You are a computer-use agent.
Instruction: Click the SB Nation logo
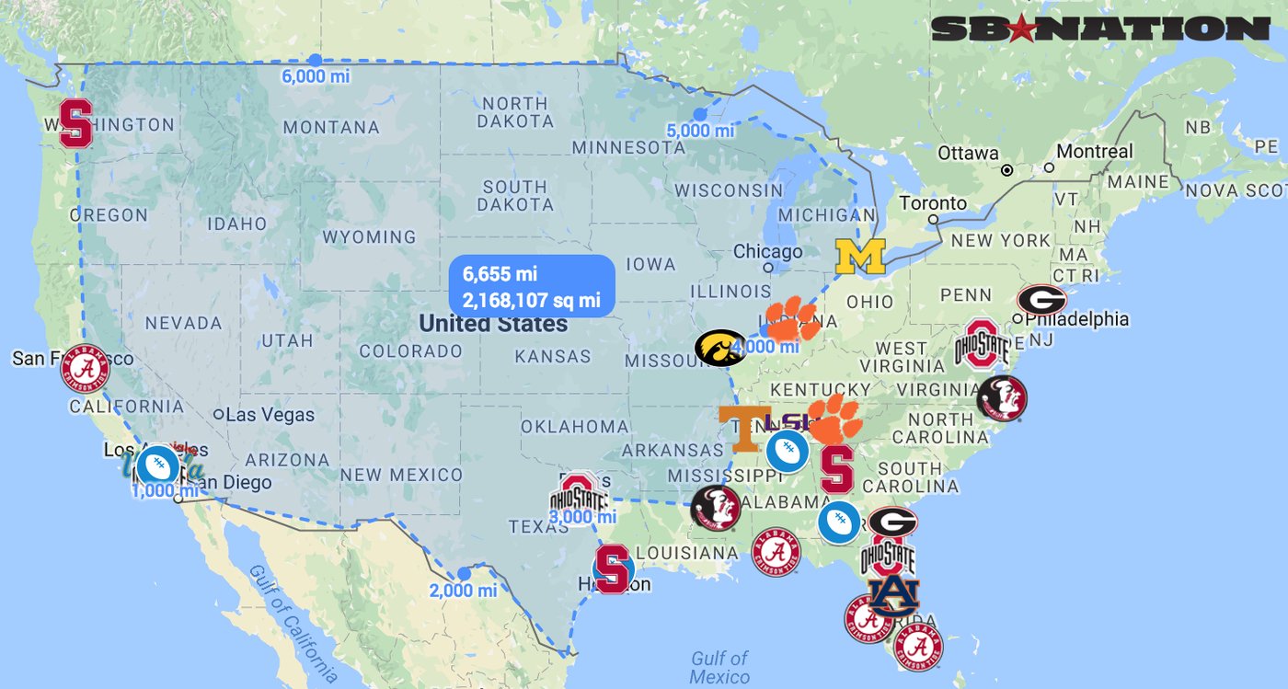1100,29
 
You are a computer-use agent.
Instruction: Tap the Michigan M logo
859,257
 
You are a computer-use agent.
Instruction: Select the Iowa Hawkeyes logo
720,349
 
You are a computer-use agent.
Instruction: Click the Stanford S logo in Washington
75,124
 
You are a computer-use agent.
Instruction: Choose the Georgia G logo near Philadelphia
1041,300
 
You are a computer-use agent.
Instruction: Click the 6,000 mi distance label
316,76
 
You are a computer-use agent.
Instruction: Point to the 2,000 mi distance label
463,591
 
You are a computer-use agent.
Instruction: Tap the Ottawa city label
968,153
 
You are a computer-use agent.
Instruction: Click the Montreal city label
1095,151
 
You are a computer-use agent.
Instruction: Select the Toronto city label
933,203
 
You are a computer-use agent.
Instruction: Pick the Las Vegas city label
270,415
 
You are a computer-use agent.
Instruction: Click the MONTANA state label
332,127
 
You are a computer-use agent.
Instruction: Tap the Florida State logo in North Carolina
1002,398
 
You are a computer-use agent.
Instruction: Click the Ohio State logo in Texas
579,496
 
